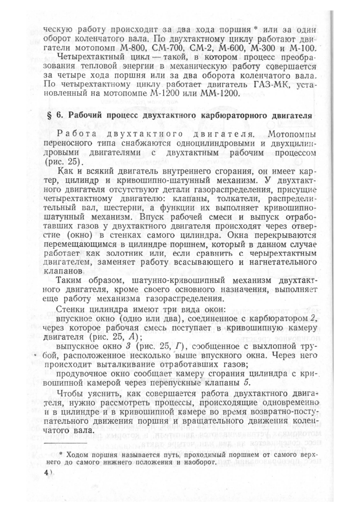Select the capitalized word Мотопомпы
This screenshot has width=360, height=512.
[291, 134]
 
